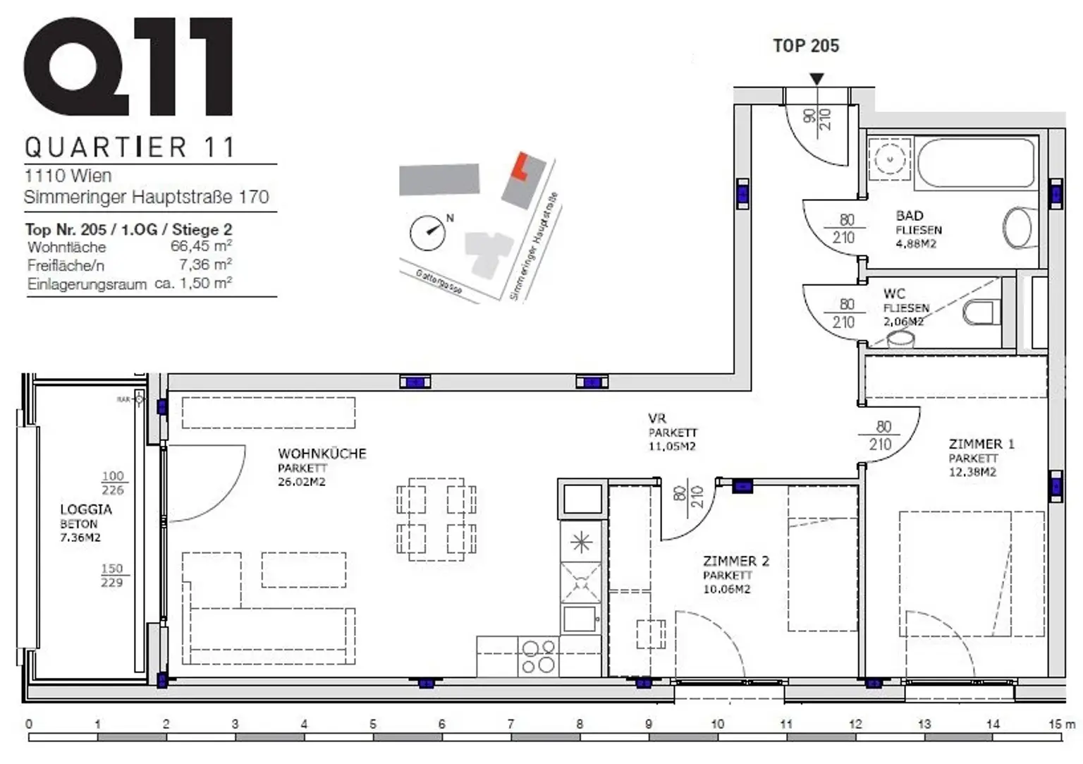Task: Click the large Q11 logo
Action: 128,67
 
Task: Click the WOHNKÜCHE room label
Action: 322,454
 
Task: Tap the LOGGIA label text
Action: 85,509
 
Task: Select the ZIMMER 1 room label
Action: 981,444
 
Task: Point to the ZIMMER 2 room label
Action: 735,561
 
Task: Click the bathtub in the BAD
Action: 977,163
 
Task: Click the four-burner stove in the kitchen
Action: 538,656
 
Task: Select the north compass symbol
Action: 428,232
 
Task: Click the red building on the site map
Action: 520,166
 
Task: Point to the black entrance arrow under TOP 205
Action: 816,79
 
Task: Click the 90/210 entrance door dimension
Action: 818,118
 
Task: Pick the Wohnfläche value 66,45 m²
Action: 201,246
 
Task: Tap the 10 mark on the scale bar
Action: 717,724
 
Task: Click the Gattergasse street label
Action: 439,283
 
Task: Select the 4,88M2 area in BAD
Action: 916,244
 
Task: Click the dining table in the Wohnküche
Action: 436,519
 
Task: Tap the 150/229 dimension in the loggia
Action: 111,575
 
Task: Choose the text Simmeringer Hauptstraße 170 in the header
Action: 147,197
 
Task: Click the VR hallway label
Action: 656,418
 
